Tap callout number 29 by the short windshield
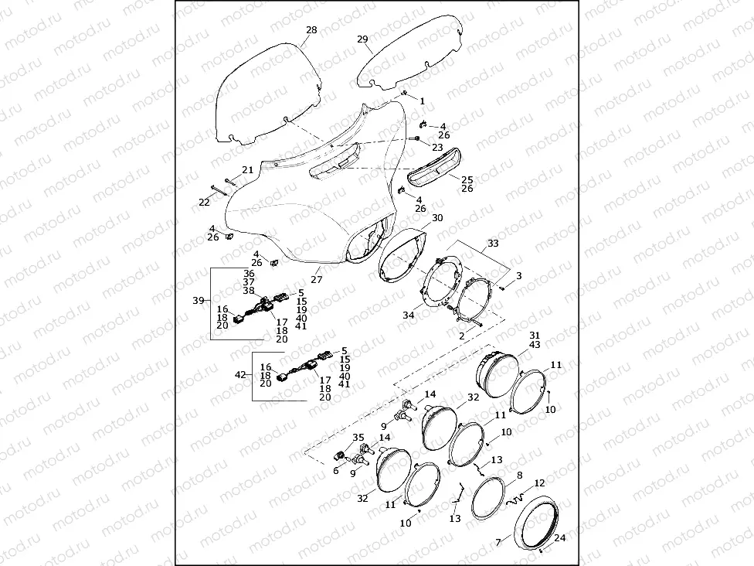coord(362,39)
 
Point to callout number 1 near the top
coord(422,101)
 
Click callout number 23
coord(437,147)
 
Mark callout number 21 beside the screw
coord(247,169)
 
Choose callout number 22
coord(204,202)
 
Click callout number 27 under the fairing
coord(316,279)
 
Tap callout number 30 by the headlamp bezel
coord(437,218)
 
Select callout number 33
coord(493,243)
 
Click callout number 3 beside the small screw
coord(519,276)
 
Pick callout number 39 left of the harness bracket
coord(198,300)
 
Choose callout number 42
coord(240,374)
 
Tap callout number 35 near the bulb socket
coord(358,438)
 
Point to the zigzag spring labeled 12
coord(514,500)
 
